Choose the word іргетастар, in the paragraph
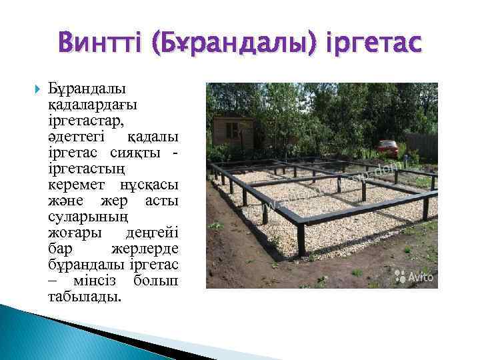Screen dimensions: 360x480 pos(87,121)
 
